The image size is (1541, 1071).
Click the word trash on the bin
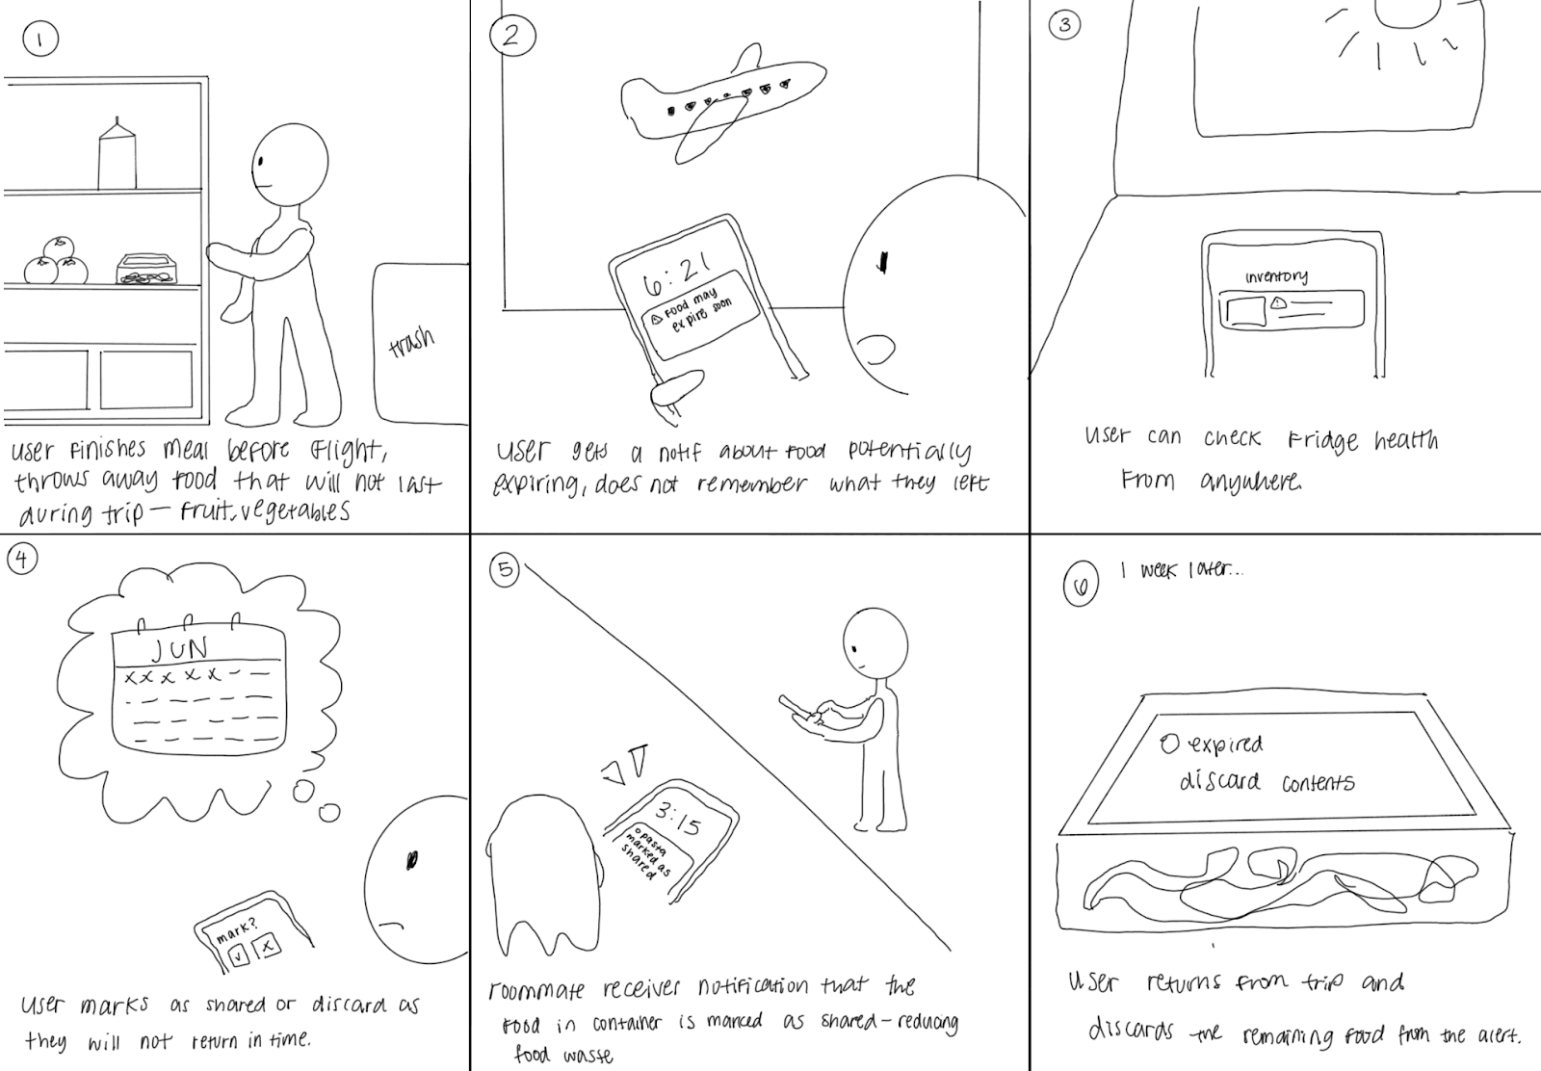tap(412, 342)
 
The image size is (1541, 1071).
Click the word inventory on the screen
tap(1276, 276)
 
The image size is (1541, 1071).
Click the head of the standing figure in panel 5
tap(874, 642)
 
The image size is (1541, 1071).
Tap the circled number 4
tap(21, 558)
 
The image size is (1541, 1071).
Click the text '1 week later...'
tap(1181, 570)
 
